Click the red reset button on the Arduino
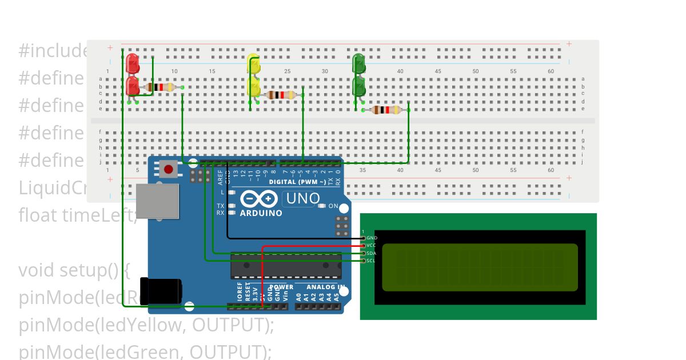tap(168, 169)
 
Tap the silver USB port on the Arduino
tap(157, 201)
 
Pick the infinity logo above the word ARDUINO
tap(260, 199)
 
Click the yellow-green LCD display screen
tap(480, 267)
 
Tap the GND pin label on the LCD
tap(372, 238)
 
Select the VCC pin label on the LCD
tap(372, 245)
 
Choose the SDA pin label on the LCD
tap(372, 253)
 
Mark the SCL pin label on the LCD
tap(372, 261)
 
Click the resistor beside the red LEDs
tap(161, 87)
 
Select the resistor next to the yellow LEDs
tap(281, 95)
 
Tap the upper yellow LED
tap(253, 65)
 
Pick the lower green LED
tap(360, 87)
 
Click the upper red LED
tap(133, 63)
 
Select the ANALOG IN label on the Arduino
tap(326, 287)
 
